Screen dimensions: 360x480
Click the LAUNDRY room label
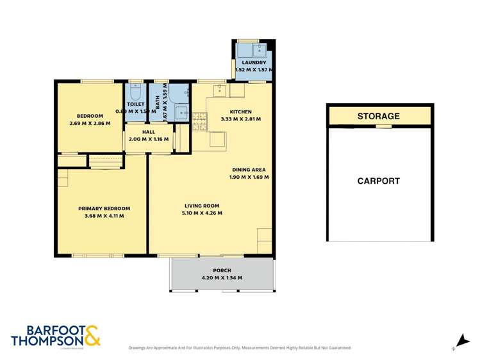tap(254, 61)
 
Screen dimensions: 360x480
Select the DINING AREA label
tap(249, 170)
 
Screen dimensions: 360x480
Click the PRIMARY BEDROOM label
tap(104, 208)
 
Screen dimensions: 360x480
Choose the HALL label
tap(149, 131)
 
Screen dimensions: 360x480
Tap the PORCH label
tap(222, 270)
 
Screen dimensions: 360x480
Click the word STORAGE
tap(378, 117)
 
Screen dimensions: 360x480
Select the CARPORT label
tap(378, 181)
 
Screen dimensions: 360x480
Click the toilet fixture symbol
tap(136, 91)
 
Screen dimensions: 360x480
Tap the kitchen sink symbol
tap(220, 90)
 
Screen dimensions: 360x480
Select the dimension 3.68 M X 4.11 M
tap(104, 216)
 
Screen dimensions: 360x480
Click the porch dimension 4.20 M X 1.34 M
tap(222, 278)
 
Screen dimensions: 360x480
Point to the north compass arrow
tap(459, 341)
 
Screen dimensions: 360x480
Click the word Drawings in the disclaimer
tap(139, 348)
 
